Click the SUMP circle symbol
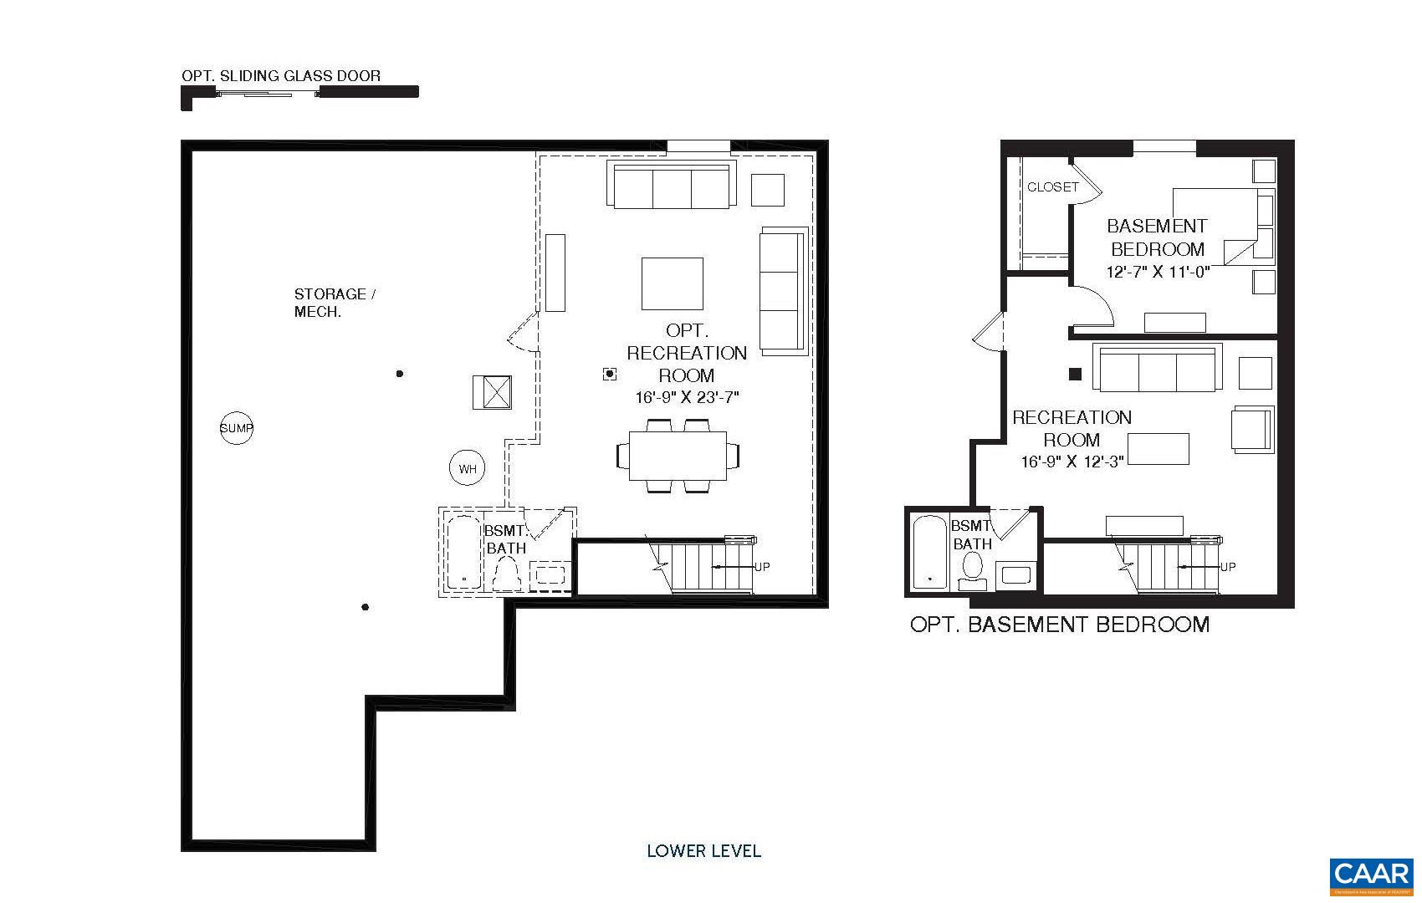point(237,428)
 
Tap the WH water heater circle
point(467,469)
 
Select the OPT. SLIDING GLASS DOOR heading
point(281,75)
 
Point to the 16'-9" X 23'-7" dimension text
point(687,398)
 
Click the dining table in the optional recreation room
point(678,456)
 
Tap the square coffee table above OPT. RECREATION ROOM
point(672,283)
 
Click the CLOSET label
point(1052,187)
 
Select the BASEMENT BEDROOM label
point(1157,237)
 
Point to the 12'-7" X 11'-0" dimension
point(1158,272)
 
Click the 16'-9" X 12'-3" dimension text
point(1072,461)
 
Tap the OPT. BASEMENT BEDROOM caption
point(1059,625)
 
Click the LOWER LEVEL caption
point(703,851)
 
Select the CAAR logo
point(1371,875)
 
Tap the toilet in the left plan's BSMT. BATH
point(507,575)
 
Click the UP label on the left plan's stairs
point(762,567)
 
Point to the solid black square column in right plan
point(1076,375)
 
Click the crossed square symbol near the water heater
point(492,392)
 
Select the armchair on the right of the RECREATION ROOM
point(1251,430)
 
